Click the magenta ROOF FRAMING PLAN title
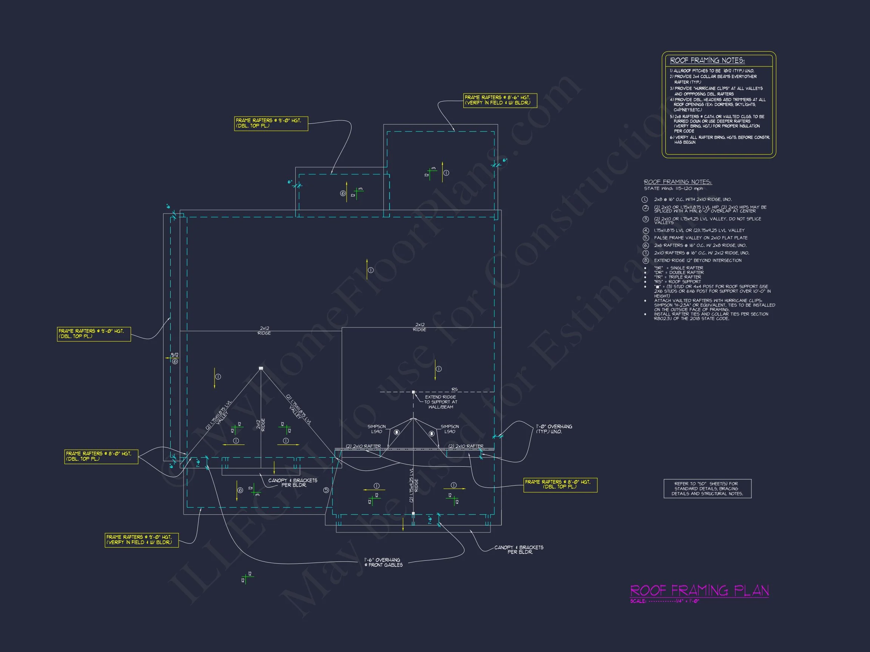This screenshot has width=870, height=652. [699, 591]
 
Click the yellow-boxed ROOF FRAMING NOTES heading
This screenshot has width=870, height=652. [707, 60]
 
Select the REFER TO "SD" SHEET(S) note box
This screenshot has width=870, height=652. [707, 489]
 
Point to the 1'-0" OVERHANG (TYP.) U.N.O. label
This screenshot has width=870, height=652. [554, 429]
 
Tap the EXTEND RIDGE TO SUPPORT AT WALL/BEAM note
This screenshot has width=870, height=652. [441, 402]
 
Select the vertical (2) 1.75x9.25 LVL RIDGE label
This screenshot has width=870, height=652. [414, 485]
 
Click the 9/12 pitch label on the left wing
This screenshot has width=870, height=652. [174, 355]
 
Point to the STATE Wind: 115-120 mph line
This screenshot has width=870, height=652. [673, 189]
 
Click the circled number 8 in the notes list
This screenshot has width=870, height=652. [645, 261]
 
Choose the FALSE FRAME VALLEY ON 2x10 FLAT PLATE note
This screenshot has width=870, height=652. [700, 238]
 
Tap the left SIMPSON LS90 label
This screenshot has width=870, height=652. [376, 429]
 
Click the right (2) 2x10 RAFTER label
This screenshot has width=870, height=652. [466, 446]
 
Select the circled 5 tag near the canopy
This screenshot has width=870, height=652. [326, 490]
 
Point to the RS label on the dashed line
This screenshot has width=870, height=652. [454, 389]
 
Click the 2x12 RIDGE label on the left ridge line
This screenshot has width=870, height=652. [264, 331]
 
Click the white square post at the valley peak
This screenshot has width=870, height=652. [261, 368]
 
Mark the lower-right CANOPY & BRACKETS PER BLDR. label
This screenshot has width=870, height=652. [519, 549]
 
